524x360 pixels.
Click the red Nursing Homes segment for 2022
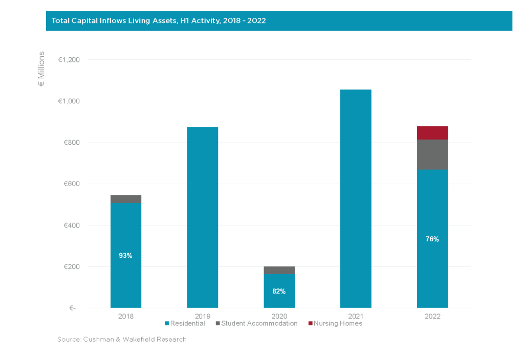[432, 133]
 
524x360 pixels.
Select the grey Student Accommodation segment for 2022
[432, 154]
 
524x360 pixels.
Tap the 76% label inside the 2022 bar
[432, 239]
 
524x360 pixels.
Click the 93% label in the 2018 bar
[126, 256]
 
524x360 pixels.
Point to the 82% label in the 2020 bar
[279, 291]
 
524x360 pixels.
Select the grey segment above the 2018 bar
[126, 199]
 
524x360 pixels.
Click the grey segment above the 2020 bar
[279, 270]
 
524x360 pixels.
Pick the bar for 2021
[356, 199]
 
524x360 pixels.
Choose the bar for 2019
[203, 217]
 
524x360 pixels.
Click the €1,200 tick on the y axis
[69, 60]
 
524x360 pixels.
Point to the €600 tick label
[72, 184]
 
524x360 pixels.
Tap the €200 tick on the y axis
[72, 267]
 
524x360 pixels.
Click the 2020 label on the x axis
[279, 316]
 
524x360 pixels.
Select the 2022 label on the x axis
[432, 316]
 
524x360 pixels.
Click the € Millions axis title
[41, 69]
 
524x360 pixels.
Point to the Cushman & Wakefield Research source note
[122, 339]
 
